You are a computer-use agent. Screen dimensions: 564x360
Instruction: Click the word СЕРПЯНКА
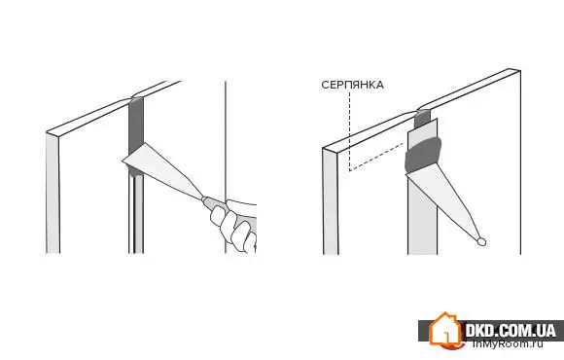pos(352,85)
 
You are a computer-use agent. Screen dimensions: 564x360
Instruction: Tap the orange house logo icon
pos(444,330)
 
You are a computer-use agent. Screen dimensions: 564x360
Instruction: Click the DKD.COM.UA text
pos(511,330)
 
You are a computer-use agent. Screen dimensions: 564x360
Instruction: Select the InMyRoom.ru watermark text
pos(508,343)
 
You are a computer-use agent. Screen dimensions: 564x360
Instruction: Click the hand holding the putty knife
pos(233,225)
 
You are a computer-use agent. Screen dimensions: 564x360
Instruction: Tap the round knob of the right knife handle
pos(481,242)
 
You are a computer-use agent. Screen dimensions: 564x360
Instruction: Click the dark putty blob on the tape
pos(423,154)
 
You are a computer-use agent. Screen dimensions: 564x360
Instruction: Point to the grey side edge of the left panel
pos(53,194)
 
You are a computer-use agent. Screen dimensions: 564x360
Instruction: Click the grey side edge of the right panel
pos(331,201)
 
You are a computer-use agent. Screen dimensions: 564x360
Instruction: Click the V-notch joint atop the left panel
pos(132,97)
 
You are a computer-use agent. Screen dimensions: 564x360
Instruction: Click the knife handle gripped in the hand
pos(213,204)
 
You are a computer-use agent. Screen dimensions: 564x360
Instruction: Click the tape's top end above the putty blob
pos(423,126)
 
